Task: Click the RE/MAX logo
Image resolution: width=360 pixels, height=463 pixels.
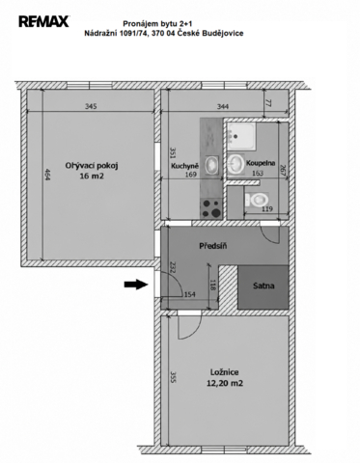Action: point(43,21)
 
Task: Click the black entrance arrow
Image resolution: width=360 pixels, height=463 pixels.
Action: point(136,285)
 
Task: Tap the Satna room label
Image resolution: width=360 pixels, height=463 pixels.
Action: point(263,286)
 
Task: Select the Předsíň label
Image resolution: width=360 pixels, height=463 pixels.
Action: point(213,246)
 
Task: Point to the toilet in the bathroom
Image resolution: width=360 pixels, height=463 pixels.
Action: point(257,201)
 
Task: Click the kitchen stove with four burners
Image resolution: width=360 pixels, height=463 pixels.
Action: point(211,207)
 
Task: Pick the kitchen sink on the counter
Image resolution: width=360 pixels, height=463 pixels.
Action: point(211,165)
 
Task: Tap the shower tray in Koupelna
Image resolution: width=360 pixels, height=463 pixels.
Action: point(241,136)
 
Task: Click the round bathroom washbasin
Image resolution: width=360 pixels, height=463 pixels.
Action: point(235,163)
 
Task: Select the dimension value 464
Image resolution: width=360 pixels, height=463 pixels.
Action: point(47,175)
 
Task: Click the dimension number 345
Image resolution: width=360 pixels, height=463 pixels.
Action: point(91,106)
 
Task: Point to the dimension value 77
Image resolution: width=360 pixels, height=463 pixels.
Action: point(268,103)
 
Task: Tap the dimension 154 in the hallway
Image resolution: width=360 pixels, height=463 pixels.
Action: point(189,294)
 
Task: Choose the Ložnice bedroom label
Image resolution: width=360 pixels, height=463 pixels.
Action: point(225,372)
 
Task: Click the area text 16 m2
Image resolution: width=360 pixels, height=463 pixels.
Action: point(92,177)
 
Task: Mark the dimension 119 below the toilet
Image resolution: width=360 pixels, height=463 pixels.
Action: point(267,209)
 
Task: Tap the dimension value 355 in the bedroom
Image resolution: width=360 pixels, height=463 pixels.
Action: point(173,377)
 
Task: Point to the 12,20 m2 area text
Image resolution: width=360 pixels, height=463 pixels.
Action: point(225,383)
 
